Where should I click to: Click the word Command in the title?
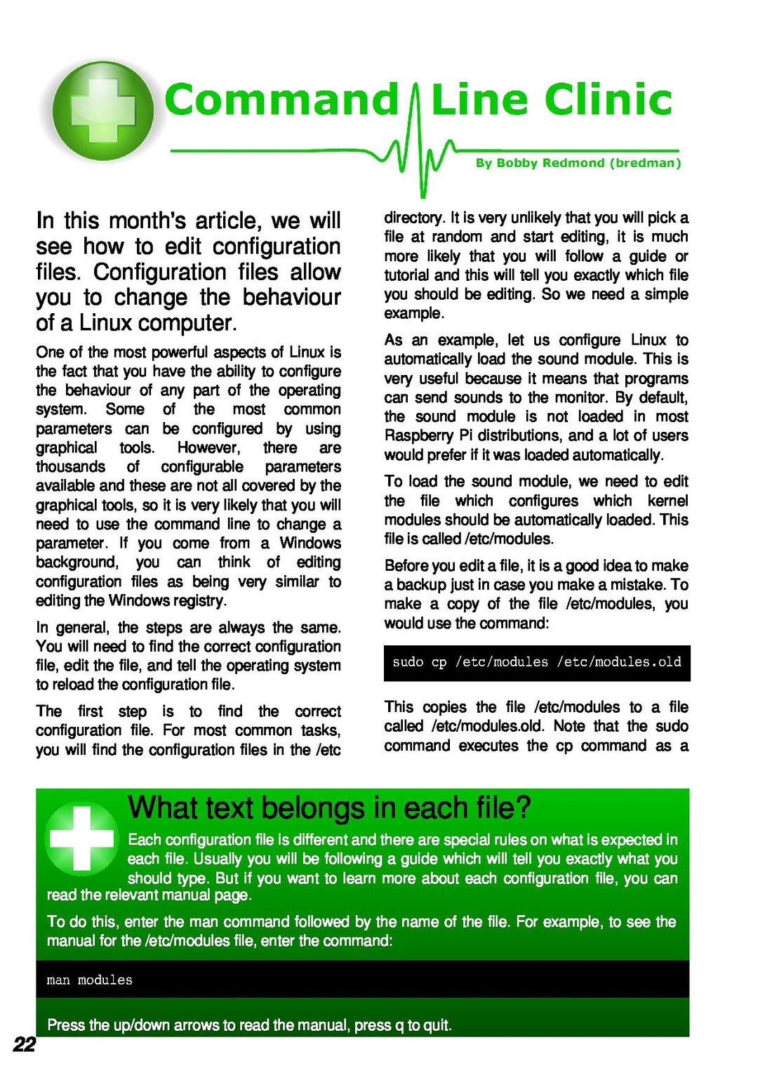(281, 100)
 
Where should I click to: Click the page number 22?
(24, 1045)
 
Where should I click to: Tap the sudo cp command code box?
(537, 662)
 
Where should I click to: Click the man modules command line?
(90, 980)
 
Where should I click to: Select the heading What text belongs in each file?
(330, 808)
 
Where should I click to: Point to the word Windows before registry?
(139, 601)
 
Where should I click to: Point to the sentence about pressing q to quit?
(249, 1025)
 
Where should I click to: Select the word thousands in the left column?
(71, 467)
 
